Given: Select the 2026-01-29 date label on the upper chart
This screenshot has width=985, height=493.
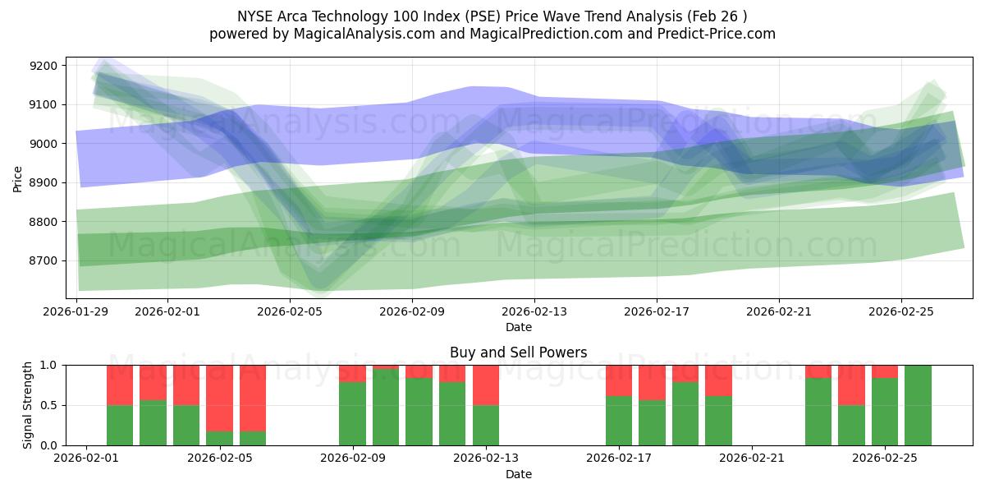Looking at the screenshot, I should [76, 312].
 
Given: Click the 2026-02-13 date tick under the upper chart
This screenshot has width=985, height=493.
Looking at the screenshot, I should [534, 312].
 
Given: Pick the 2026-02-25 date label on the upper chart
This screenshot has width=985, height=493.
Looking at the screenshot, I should [901, 312].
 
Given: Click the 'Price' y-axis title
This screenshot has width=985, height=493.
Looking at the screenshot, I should [18, 177].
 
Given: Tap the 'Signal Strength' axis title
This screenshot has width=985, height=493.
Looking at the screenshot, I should [28, 404].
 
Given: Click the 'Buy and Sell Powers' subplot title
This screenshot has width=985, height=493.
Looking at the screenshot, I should [518, 352].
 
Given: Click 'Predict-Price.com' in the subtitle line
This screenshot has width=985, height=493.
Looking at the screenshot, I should [719, 34].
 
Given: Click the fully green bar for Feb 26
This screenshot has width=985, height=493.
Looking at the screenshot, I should [918, 405].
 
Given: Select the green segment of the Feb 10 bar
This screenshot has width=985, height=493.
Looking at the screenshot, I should [386, 408].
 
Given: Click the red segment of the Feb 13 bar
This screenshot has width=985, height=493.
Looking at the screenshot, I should [486, 385].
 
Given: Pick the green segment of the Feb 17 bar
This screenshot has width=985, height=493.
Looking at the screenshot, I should [619, 421].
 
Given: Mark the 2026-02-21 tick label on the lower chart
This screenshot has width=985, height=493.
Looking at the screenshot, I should [752, 458].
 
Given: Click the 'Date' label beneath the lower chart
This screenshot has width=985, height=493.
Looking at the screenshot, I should [518, 474].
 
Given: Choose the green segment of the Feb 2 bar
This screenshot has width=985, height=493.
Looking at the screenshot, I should [120, 425].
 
